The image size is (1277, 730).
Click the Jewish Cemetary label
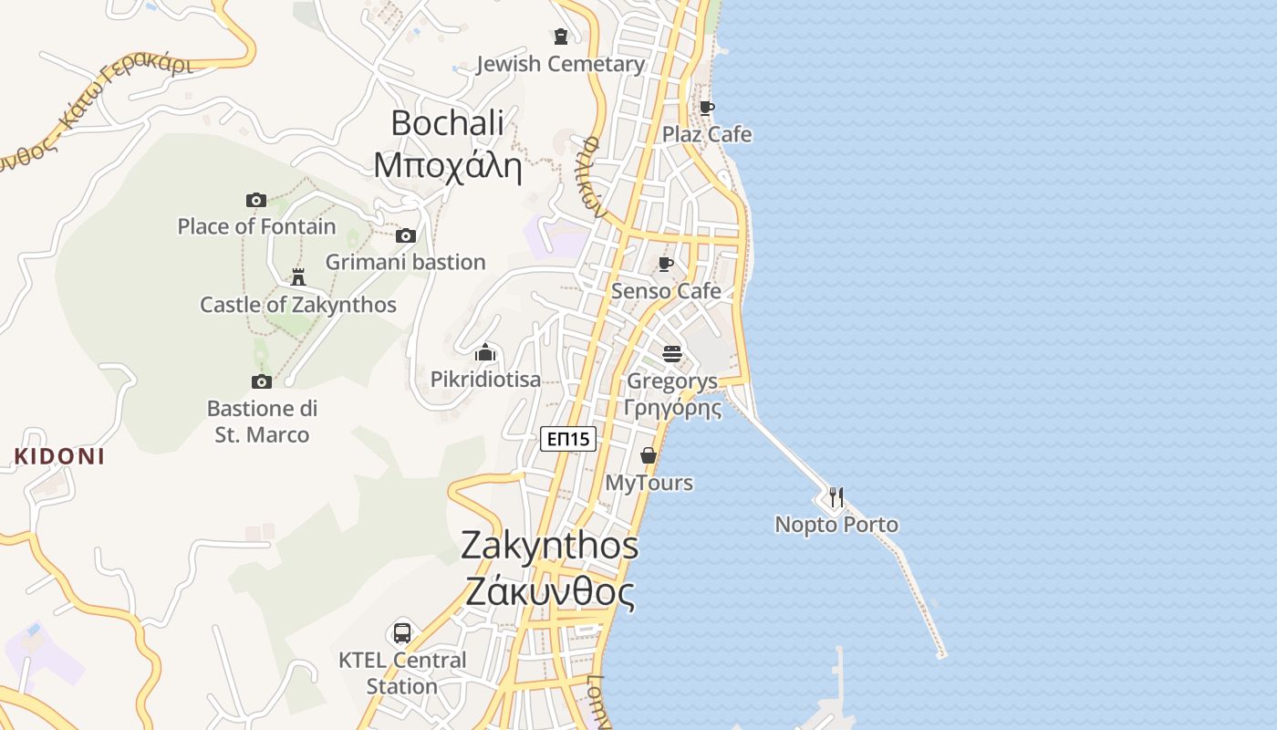(x=560, y=64)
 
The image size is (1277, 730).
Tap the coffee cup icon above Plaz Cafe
(x=706, y=108)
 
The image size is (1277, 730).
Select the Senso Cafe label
(x=666, y=291)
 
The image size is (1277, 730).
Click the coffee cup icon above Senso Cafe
(x=666, y=265)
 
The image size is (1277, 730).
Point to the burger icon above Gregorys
(x=672, y=354)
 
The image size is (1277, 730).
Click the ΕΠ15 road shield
(x=567, y=439)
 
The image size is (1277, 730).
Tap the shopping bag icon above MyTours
(x=649, y=455)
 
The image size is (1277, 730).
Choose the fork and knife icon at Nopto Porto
(x=836, y=497)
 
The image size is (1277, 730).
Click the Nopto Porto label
(x=836, y=525)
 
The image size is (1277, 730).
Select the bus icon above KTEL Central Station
(x=401, y=632)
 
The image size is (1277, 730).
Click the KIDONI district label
(x=59, y=456)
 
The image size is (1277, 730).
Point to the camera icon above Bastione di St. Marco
(x=262, y=381)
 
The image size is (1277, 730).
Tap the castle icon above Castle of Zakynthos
(x=298, y=276)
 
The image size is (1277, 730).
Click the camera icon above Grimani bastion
(x=406, y=236)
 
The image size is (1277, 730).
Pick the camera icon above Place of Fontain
(x=256, y=200)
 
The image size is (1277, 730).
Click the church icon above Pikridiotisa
(x=485, y=353)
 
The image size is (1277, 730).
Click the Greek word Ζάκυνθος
(x=549, y=592)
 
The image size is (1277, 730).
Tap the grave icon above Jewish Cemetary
(x=561, y=36)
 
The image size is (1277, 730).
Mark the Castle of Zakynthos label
(x=298, y=305)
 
